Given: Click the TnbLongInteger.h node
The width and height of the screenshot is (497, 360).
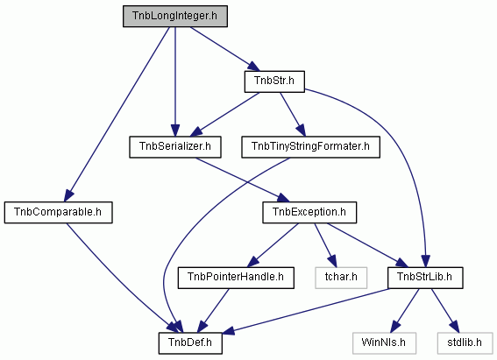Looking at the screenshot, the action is coord(175,16).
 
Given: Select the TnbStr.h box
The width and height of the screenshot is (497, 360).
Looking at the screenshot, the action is coord(274,81).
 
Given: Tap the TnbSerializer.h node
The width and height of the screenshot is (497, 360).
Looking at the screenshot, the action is coord(175,147).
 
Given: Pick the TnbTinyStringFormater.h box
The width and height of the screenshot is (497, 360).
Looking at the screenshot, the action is coord(310,147).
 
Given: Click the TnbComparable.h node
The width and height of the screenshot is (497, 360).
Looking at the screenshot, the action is coord(59,213).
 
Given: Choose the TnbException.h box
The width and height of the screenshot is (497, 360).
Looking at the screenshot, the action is coord(309,213).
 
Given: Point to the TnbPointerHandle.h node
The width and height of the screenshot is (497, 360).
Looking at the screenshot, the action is coord(236,278).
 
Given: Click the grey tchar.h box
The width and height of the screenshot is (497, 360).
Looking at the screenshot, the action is coord(341,278).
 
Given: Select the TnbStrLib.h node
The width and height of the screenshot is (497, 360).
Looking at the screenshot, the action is coord(425,278).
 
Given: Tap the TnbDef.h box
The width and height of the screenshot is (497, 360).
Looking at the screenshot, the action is coord(190,343).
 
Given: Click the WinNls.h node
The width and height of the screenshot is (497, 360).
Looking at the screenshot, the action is coord(384,343).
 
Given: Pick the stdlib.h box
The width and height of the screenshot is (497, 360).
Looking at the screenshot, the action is coord(465,343).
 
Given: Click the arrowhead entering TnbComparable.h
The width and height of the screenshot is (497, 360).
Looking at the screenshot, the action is coord(68,194).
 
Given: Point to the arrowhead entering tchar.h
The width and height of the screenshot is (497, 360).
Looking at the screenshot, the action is coord(331,261).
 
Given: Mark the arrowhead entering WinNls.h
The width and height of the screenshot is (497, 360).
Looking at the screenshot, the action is coord(394,326).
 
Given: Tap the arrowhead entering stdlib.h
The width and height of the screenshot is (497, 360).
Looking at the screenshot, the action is coord(455,326).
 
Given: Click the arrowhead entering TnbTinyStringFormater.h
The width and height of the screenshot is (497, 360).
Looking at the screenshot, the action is coord(302,130).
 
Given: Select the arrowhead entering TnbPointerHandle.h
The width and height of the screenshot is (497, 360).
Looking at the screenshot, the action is coord(253,261).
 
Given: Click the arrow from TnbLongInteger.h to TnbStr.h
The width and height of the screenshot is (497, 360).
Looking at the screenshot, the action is coord(224,49).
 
